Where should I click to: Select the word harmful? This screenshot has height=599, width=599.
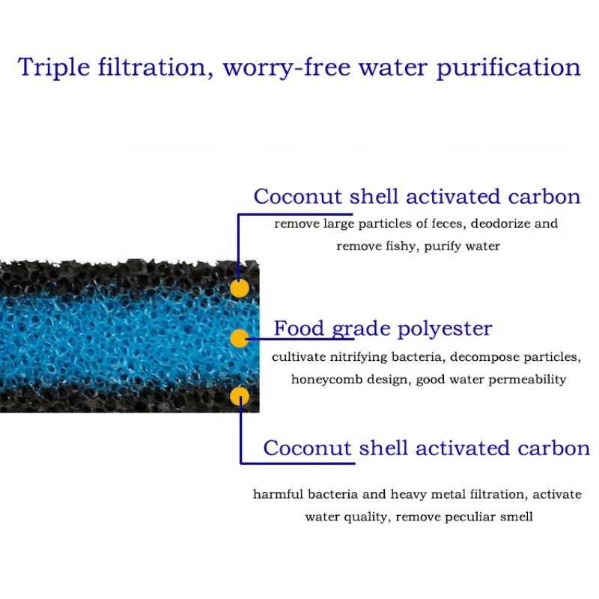277,494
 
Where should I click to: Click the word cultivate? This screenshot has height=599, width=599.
295,357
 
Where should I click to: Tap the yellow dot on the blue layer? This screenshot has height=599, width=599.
239,338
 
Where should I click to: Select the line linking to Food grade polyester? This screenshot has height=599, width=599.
258,339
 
